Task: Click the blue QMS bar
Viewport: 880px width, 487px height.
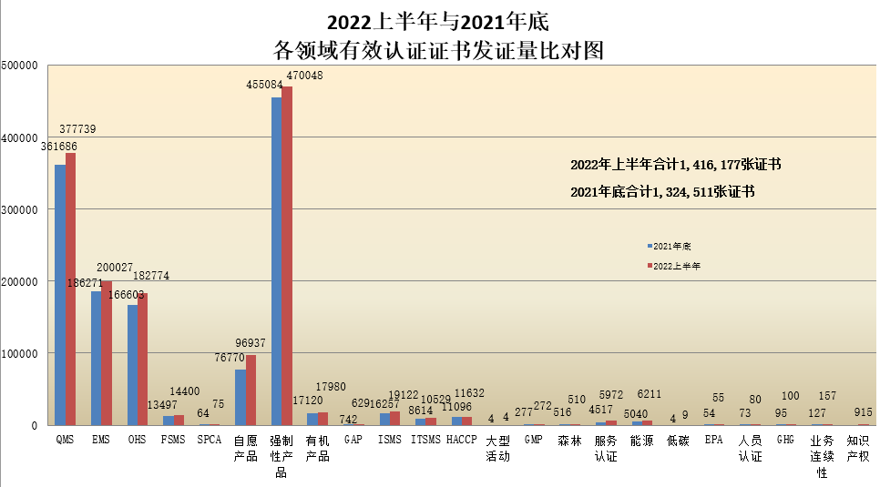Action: (x=60, y=295)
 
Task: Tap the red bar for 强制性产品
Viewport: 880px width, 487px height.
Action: (x=288, y=256)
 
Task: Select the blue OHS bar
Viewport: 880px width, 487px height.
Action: (x=132, y=364)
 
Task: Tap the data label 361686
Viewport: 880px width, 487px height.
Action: (x=59, y=146)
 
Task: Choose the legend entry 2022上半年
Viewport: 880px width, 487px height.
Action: (x=674, y=266)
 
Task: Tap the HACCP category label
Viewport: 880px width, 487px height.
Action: (x=462, y=440)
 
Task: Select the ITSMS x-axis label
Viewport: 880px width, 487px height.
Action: (x=425, y=440)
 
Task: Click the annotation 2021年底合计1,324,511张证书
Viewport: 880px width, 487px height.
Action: (x=662, y=192)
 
